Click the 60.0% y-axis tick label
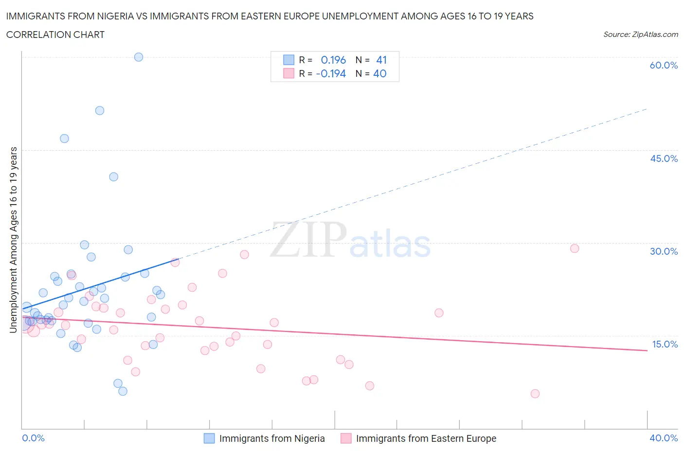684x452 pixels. point(664,65)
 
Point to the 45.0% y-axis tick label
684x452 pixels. point(664,158)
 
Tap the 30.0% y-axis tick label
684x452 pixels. point(664,251)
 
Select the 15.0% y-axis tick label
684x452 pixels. point(665,344)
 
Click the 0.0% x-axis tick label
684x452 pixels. point(33,438)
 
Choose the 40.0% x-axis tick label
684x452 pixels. point(664,438)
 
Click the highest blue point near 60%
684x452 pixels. point(139,57)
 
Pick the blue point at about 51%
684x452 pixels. point(100,110)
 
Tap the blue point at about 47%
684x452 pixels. point(64,139)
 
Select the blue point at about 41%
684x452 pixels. point(114,177)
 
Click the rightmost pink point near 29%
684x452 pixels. point(575,248)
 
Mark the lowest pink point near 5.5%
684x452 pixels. point(535,394)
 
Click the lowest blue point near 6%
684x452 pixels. point(123,391)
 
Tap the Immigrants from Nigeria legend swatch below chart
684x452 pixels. point(209,438)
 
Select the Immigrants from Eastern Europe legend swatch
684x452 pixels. point(346,438)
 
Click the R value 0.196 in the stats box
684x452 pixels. point(333,60)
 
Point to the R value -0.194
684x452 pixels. point(331,73)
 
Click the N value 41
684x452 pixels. point(381,60)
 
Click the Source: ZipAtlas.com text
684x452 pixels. point(640,35)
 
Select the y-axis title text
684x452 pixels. point(13,240)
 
